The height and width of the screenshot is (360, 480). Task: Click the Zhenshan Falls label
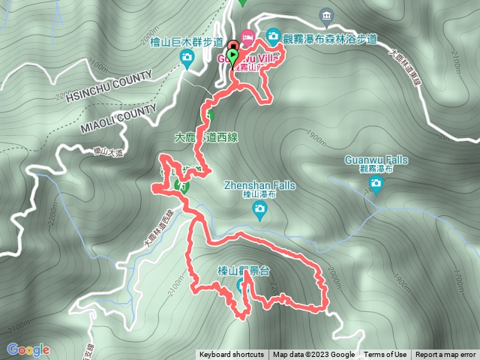click(x=259, y=185)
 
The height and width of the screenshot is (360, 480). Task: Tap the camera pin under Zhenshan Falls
click(x=259, y=214)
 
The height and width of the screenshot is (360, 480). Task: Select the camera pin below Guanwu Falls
click(x=376, y=184)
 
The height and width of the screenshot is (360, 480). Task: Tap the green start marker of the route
click(x=232, y=57)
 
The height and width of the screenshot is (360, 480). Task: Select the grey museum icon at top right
click(x=325, y=15)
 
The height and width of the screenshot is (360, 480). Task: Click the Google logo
click(x=28, y=349)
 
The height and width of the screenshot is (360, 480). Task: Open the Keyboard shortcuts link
click(x=231, y=355)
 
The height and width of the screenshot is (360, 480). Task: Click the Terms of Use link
click(x=385, y=355)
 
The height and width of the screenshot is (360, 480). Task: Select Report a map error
click(x=445, y=355)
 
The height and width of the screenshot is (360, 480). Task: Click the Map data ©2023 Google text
click(x=313, y=355)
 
